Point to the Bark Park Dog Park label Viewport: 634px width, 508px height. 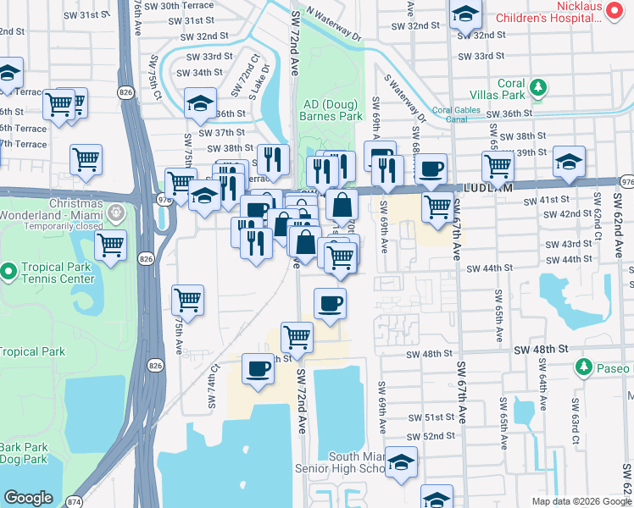[x=23, y=453]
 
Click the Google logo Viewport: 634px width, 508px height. [x=28, y=497]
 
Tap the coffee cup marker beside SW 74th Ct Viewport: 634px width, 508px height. [x=259, y=368]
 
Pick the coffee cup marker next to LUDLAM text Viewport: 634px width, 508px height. [x=431, y=168]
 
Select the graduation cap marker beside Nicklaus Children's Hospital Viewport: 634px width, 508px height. [x=464, y=14]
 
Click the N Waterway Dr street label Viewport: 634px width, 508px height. [x=333, y=26]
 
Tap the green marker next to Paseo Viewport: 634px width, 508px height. [x=584, y=367]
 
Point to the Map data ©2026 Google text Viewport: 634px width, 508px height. [x=581, y=500]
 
